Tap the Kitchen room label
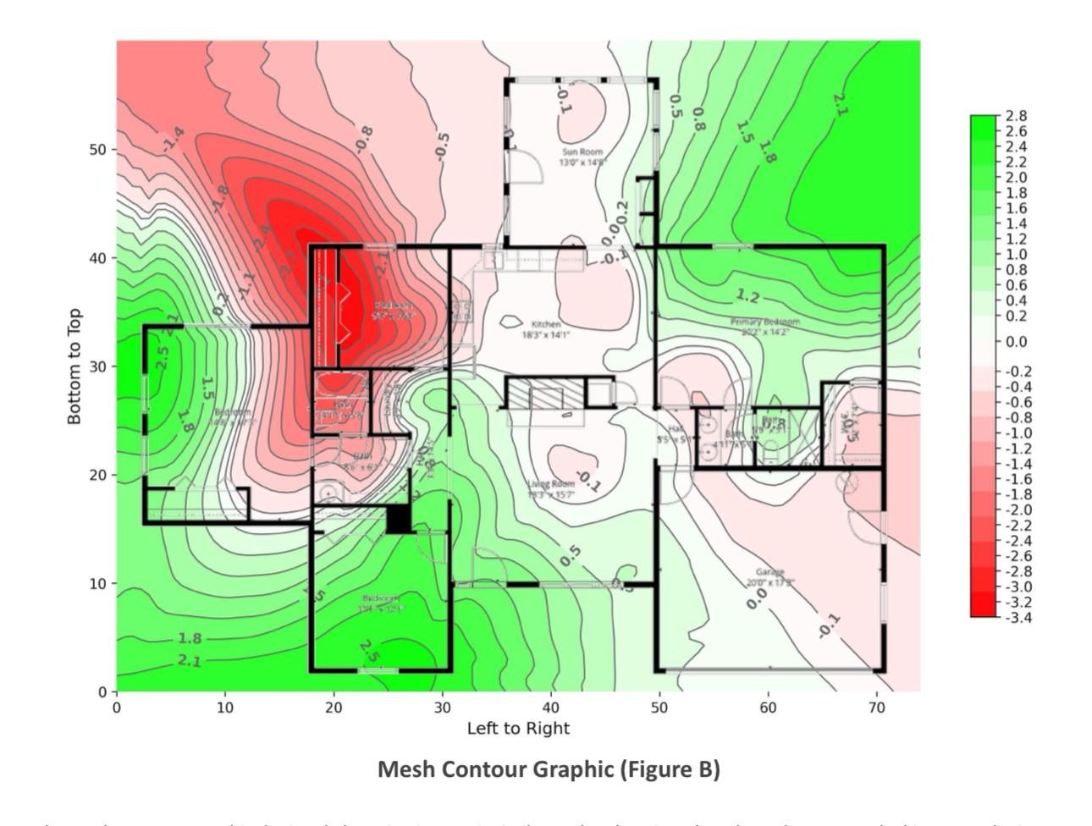click(546, 329)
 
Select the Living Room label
click(551, 488)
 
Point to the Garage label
click(770, 577)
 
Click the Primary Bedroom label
click(765, 327)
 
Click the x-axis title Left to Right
click(518, 728)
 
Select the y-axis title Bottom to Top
click(74, 366)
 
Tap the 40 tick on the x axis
click(551, 708)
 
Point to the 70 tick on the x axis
click(877, 708)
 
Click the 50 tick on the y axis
click(99, 150)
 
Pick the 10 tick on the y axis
click(99, 584)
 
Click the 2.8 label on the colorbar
click(1016, 116)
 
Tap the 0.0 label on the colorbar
click(1016, 342)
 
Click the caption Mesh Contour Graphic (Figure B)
click(549, 769)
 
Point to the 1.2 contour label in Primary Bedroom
click(747, 297)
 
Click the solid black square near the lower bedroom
click(399, 519)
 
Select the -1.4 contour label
click(173, 137)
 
